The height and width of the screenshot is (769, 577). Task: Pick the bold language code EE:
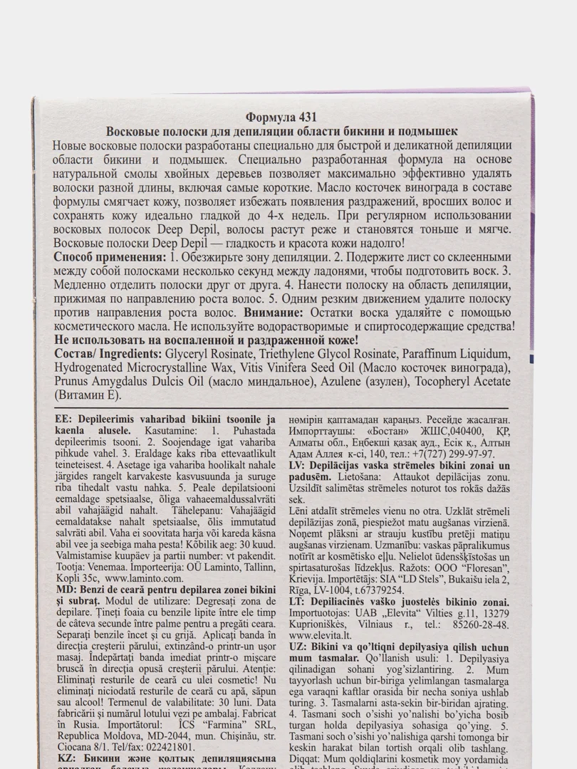(65, 420)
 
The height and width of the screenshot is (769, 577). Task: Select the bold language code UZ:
(299, 646)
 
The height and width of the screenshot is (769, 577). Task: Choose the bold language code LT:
(298, 602)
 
